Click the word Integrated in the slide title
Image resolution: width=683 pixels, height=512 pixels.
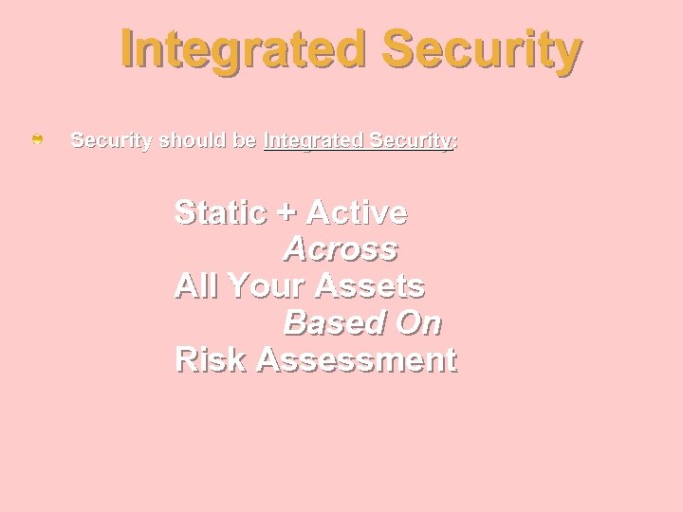coord(242,51)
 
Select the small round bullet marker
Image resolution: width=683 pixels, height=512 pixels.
coord(37,140)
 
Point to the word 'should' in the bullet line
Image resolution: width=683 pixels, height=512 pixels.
coord(193,140)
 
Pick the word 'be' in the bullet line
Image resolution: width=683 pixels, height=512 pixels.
coord(245,140)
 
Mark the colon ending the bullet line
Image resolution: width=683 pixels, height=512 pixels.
coord(455,142)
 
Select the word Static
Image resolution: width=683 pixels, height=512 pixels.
coord(221,212)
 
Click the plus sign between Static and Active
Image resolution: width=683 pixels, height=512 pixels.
coord(286,214)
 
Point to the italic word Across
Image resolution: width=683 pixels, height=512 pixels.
coord(341,249)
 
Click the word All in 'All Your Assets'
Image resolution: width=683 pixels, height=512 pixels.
coord(195,285)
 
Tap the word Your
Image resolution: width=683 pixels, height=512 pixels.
coord(267,285)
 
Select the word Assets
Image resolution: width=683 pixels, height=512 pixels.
coord(371,285)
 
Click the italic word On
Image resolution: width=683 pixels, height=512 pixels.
coord(417,323)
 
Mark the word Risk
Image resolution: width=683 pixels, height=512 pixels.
coord(211,360)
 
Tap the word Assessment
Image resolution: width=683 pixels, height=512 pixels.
coord(357,360)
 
